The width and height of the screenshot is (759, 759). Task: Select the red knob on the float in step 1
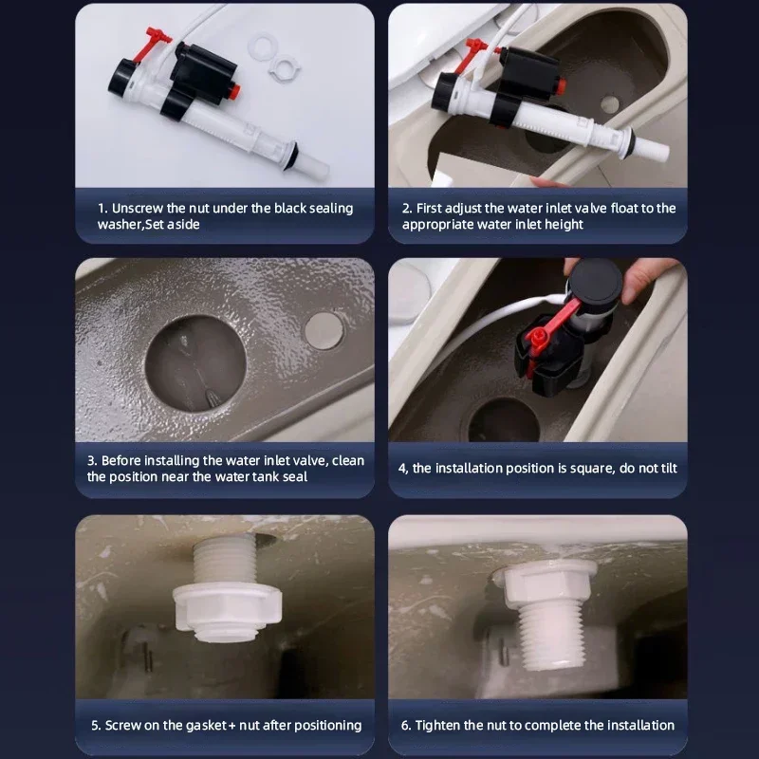point(234,90)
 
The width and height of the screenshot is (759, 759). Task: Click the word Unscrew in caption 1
point(138,208)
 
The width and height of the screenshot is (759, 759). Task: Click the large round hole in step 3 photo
point(195,363)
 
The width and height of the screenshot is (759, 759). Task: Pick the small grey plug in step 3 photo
point(324,330)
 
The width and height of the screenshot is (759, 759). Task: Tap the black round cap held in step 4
point(596,282)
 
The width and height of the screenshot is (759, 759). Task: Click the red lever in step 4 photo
point(551,329)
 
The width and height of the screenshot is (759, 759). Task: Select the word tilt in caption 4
point(669,468)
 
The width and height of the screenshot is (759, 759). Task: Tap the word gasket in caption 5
point(206,725)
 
